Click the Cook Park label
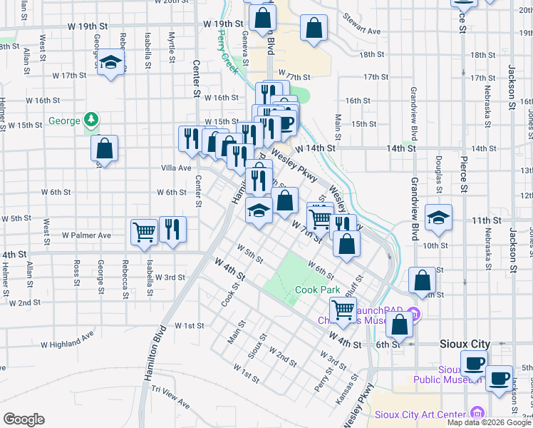click(x=317, y=290)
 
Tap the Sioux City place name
click(x=465, y=344)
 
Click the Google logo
click(x=24, y=419)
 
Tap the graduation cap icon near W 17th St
click(x=111, y=62)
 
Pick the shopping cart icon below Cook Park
click(x=343, y=310)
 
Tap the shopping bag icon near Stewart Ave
click(x=314, y=29)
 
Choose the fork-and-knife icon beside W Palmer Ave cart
click(x=172, y=230)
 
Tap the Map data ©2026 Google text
click(x=488, y=422)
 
